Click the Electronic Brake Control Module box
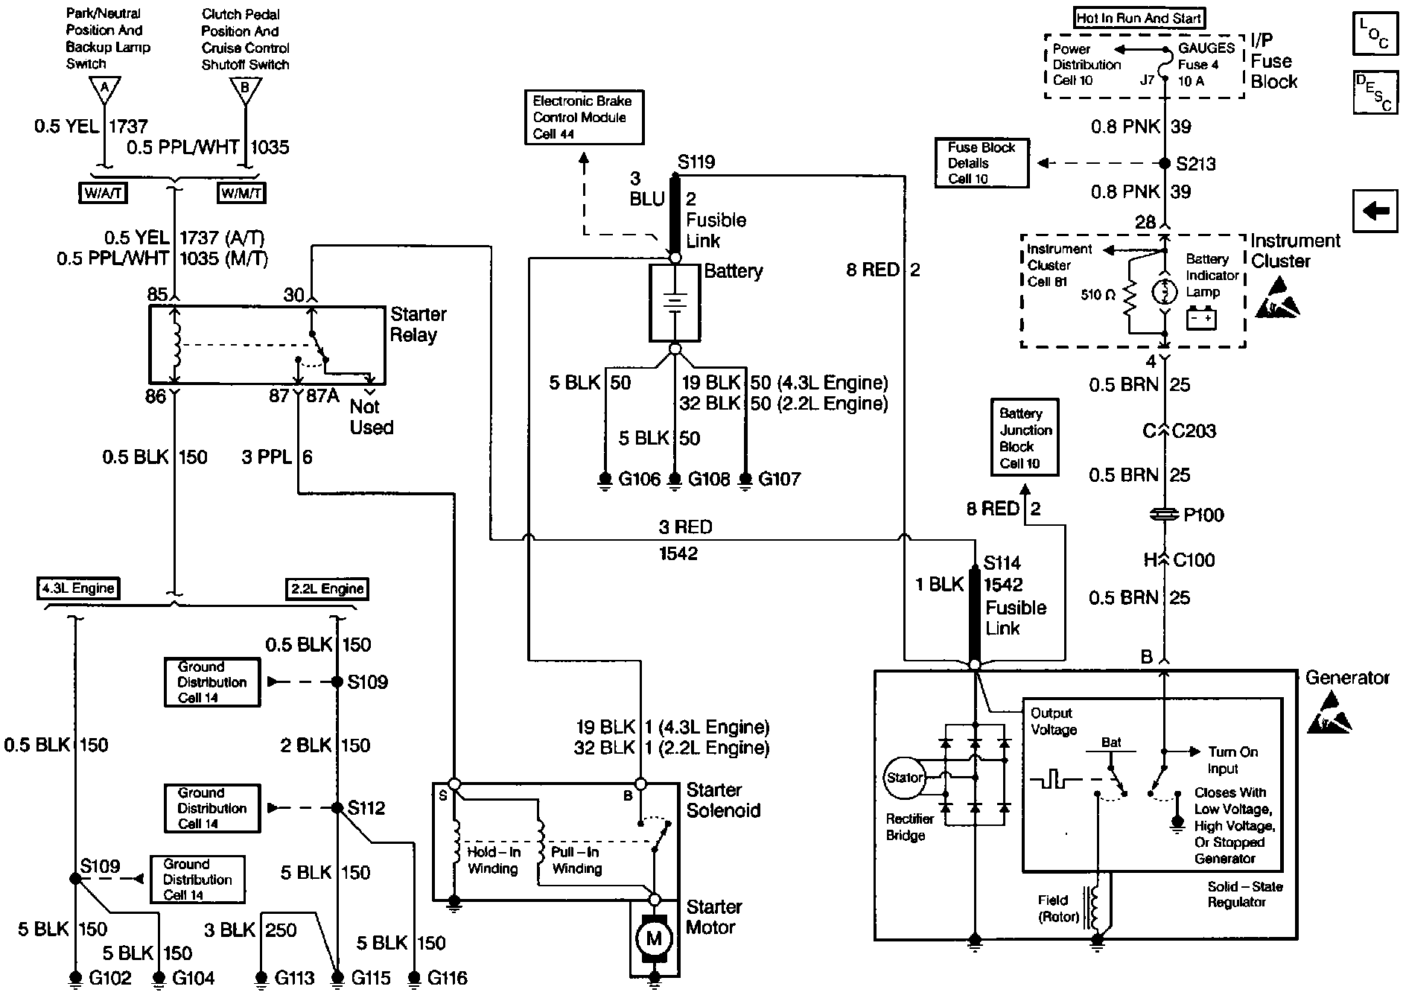coord(584,117)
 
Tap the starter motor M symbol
coord(654,938)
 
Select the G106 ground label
coord(640,479)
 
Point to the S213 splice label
coord(1196,164)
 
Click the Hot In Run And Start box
coord(1139,18)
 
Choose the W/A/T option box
coord(103,193)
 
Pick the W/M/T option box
coord(241,193)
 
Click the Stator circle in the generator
coord(904,778)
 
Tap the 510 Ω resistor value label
coord(1098,295)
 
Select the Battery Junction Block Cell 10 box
coord(1025,438)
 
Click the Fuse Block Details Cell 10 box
coord(982,163)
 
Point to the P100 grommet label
coord(1203,515)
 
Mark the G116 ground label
coord(447,978)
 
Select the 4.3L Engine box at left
coord(78,588)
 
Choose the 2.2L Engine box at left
coord(327,588)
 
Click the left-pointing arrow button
coord(1375,212)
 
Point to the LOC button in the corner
coord(1375,34)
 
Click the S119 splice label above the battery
coord(696,162)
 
